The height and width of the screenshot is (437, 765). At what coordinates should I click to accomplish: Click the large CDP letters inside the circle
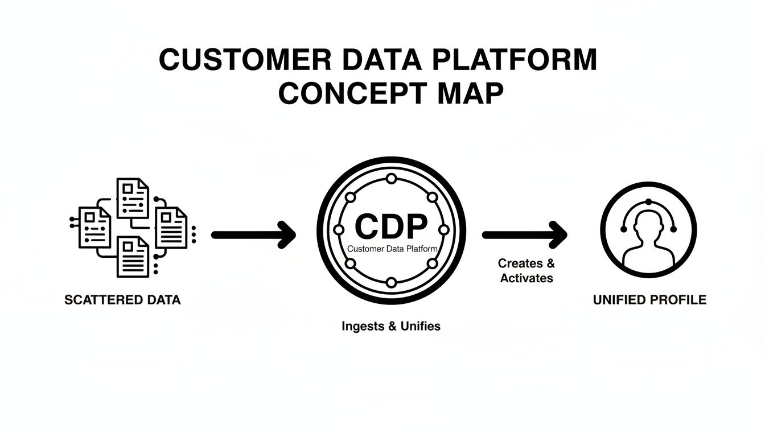(390, 227)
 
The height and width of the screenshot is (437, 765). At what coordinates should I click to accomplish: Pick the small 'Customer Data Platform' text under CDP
(392, 249)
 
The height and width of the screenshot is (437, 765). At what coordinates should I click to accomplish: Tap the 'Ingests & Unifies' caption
(391, 327)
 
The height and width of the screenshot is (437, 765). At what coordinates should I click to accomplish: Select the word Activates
(527, 278)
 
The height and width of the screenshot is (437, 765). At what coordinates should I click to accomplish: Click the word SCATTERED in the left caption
(97, 300)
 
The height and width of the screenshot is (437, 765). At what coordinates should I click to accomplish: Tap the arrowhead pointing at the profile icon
(558, 234)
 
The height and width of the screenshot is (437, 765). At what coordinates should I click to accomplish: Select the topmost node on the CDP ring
(391, 179)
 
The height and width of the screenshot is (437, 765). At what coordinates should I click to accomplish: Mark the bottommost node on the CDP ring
(391, 283)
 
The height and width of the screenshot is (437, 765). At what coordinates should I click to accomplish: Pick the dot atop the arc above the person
(648, 201)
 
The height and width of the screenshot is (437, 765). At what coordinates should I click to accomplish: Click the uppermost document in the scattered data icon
(132, 197)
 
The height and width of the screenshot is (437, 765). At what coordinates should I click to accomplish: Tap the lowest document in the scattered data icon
(133, 257)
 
